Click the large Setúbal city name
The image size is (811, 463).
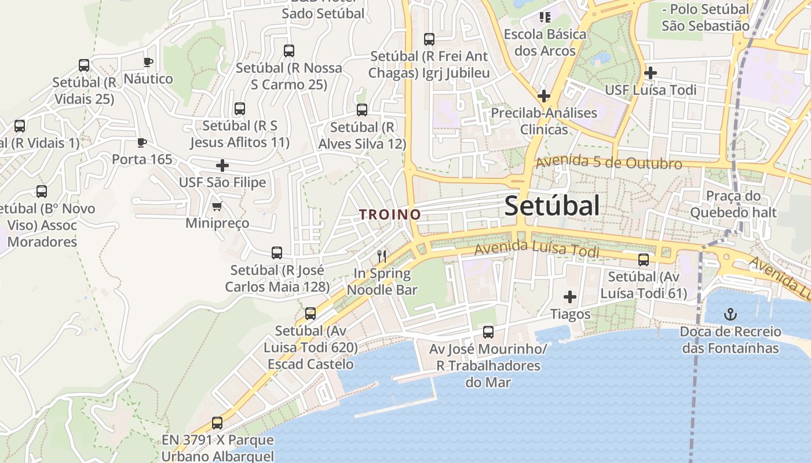[x=551, y=206]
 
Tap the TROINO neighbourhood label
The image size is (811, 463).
[x=390, y=214]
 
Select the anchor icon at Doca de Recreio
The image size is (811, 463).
[x=730, y=314]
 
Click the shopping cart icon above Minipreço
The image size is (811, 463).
[x=217, y=206]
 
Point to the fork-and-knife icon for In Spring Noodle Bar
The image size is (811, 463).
[x=381, y=256]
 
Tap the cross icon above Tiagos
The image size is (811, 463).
[x=570, y=297]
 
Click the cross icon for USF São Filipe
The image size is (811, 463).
[x=222, y=166]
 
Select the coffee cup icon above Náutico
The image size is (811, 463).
[x=148, y=62]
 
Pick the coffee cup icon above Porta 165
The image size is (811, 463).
[x=142, y=142]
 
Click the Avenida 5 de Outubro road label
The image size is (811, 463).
[x=609, y=163]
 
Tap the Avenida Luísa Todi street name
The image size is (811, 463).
[x=536, y=250]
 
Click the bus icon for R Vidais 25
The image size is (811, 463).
[x=84, y=65]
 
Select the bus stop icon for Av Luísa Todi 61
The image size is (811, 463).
[x=644, y=260]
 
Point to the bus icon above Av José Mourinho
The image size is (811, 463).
[x=488, y=332]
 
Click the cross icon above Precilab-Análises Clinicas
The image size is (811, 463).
[x=543, y=95]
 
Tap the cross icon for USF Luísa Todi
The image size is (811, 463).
[x=651, y=73]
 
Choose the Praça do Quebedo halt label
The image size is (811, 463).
[x=733, y=204]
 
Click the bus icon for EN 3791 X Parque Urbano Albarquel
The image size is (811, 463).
[x=217, y=423]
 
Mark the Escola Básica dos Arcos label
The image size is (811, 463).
[x=545, y=42]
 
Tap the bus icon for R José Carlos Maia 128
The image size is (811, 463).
[x=277, y=253]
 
